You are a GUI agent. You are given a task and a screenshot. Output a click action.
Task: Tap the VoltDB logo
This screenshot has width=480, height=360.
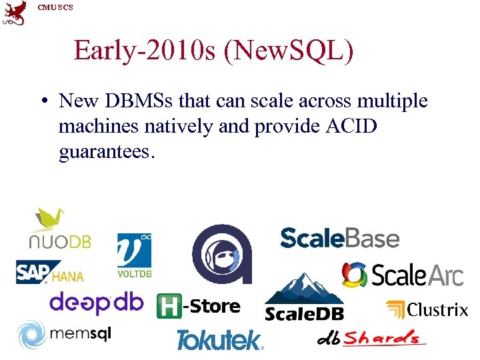pos(134,255)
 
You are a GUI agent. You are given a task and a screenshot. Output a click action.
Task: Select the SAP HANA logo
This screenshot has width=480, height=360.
pos(49,272)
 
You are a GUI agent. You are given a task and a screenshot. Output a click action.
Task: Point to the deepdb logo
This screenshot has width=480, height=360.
pos(96,303)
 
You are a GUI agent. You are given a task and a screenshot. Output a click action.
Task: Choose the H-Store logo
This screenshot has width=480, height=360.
pos(198,307)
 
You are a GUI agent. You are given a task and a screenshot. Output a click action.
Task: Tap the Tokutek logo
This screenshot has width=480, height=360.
pos(219,340)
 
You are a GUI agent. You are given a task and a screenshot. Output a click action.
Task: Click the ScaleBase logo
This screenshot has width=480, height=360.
pos(339,238)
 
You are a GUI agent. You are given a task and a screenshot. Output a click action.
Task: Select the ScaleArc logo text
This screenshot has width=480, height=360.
pos(417,275)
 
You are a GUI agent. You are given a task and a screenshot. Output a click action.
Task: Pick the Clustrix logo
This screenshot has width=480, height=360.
pos(427,309)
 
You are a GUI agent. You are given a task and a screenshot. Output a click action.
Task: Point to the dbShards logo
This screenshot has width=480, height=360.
pos(371,337)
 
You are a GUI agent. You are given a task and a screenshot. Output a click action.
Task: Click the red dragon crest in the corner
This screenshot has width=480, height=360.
pos(15,13)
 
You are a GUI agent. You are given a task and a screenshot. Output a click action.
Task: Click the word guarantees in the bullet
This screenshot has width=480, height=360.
pos(107,153)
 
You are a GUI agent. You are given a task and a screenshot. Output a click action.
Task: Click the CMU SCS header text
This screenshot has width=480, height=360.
pos(55,7)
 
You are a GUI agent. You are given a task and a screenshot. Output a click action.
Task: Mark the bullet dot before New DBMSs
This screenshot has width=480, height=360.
pos(42,101)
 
